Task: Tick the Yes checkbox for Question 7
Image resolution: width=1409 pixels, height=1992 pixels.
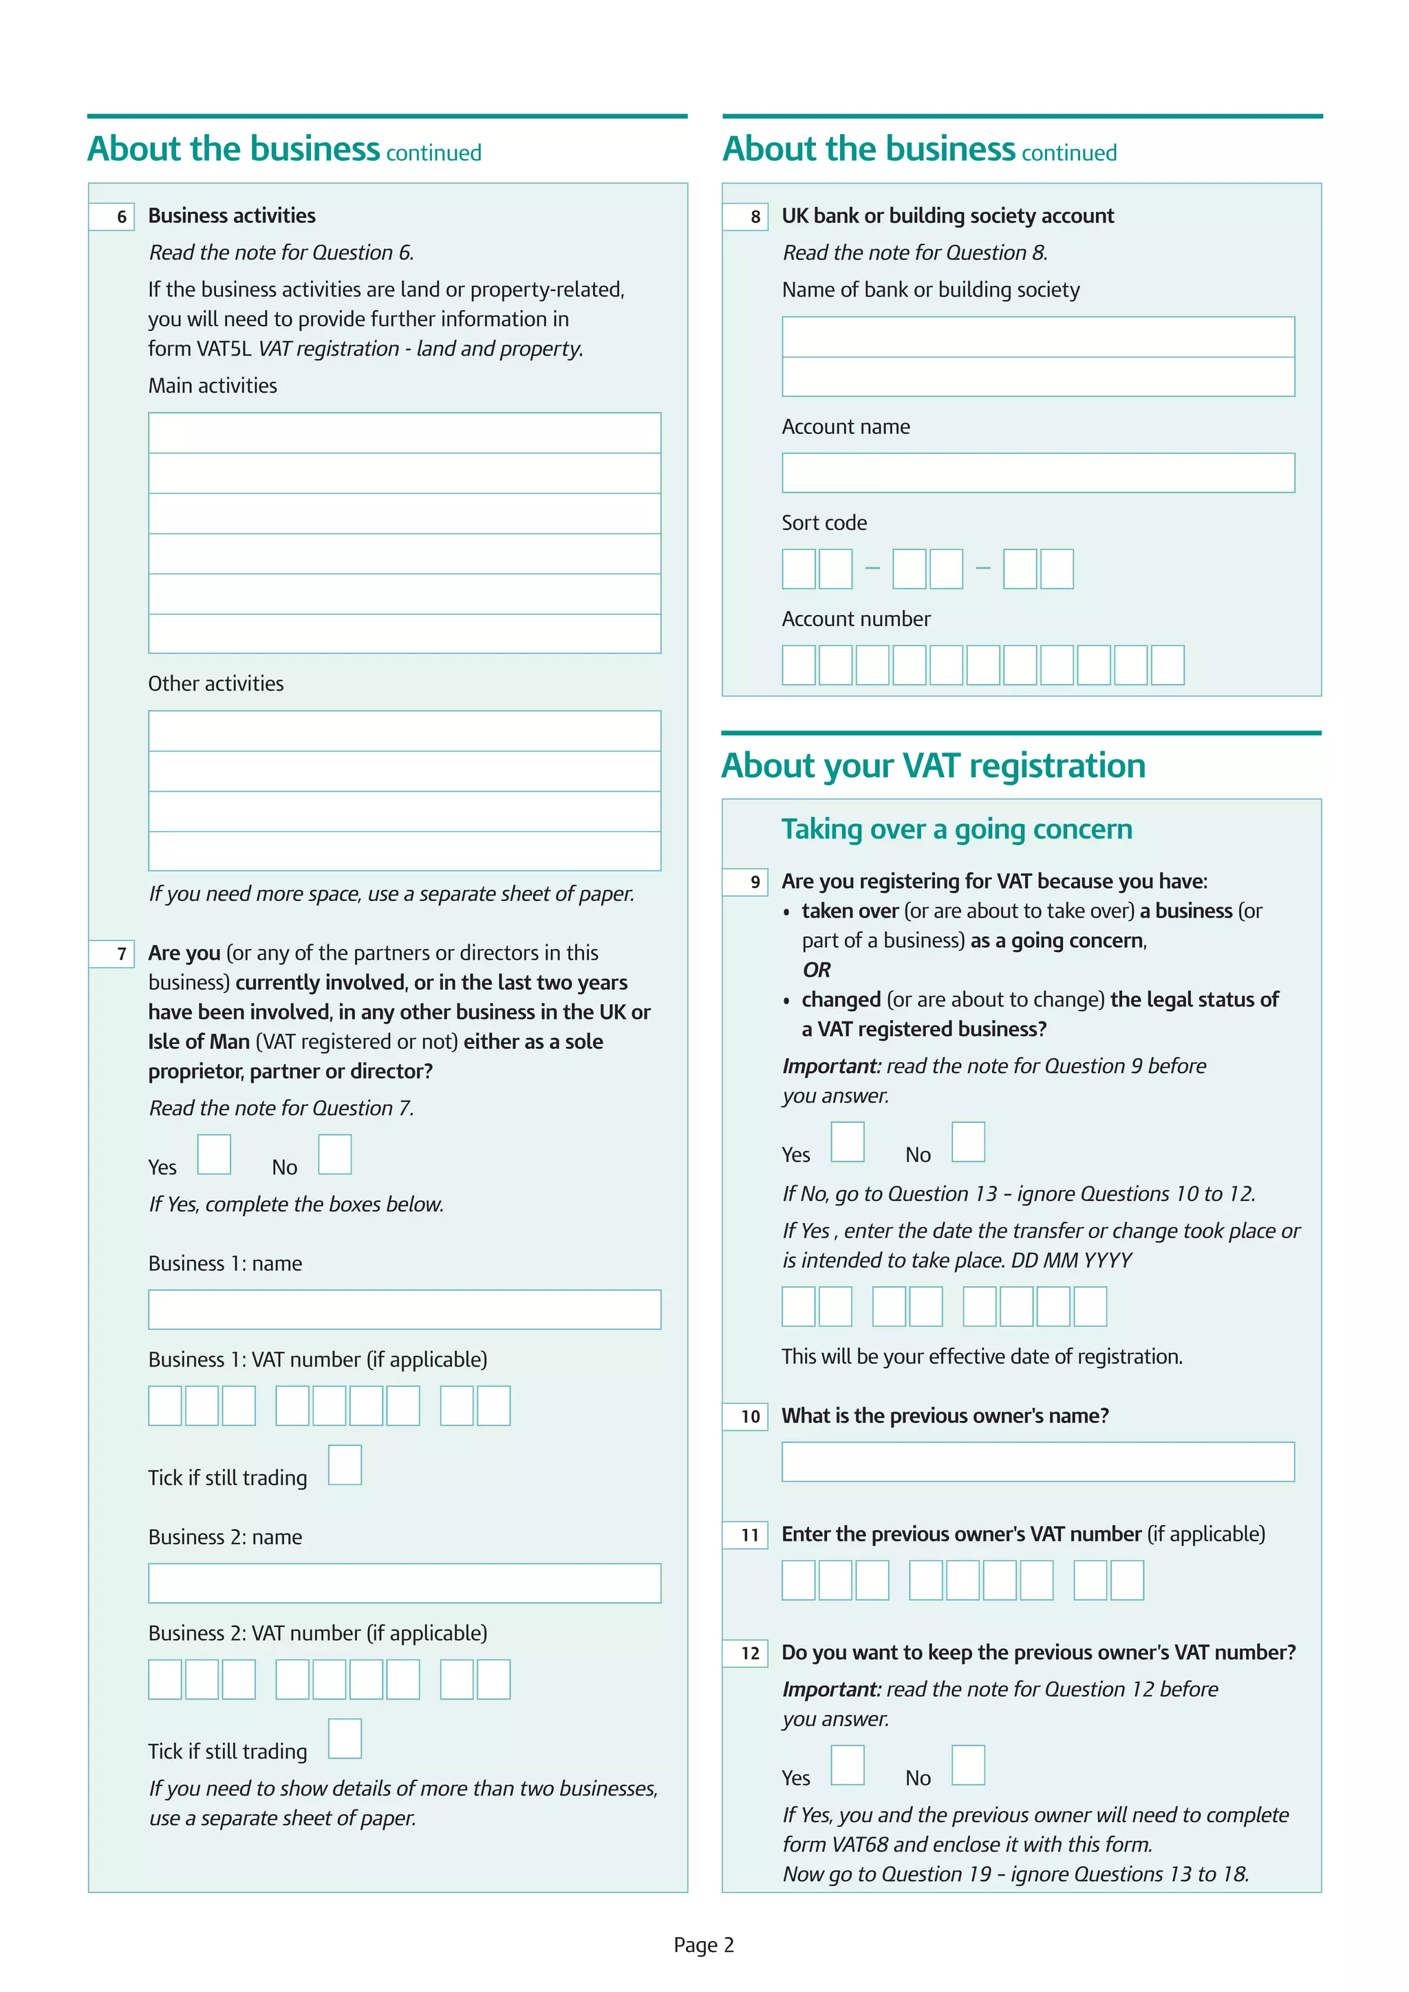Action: pos(213,1154)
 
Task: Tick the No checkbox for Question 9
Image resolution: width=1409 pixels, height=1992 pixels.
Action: pos(968,1142)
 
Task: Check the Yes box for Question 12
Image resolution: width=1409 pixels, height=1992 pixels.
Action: pos(847,1765)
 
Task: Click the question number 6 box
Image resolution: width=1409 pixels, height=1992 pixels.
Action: pos(112,216)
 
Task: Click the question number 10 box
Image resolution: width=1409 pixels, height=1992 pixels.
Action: pos(745,1417)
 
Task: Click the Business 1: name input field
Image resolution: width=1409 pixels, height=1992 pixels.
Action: pos(405,1309)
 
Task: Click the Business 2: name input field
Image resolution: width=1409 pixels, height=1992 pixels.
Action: pos(405,1583)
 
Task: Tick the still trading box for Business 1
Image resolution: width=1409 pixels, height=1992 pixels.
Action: pos(345,1464)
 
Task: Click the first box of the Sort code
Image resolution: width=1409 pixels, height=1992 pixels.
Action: pos(798,569)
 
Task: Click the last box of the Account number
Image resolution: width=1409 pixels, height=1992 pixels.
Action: pos(1168,664)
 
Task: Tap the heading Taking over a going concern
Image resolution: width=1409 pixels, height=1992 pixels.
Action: pos(956,830)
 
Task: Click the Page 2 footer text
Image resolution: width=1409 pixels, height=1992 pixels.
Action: pos(704,1945)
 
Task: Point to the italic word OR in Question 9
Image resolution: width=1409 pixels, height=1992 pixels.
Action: pos(817,970)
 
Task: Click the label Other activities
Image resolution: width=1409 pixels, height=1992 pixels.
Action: pos(216,684)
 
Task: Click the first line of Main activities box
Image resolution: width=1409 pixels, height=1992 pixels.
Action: pos(405,433)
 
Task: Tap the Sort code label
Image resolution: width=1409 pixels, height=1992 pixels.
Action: pos(824,523)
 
